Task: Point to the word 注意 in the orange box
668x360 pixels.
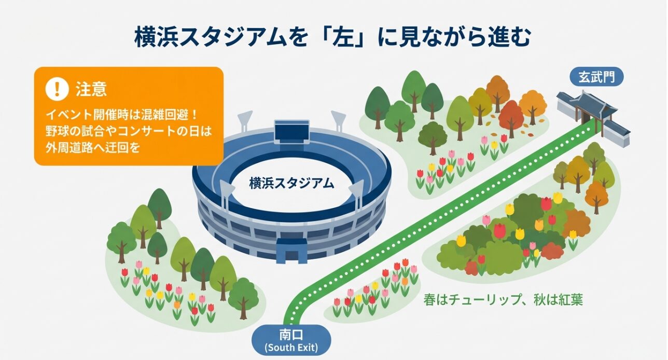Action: tap(91, 89)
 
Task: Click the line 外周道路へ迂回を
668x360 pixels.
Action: tap(93, 147)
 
